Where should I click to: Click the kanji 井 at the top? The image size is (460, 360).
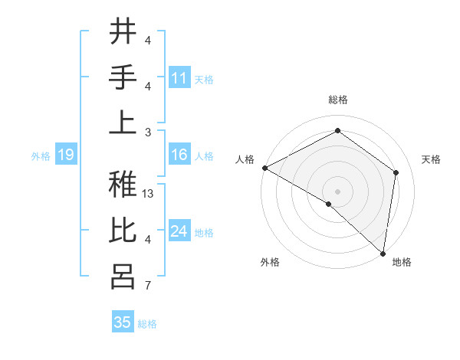click(122, 32)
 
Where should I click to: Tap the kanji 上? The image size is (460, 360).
click(122, 123)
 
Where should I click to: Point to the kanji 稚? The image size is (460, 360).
click(122, 184)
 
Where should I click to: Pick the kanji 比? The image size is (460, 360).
click(122, 231)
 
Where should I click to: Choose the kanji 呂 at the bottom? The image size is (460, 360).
click(122, 277)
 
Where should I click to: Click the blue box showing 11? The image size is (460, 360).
click(179, 78)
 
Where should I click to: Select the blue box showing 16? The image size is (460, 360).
click(179, 155)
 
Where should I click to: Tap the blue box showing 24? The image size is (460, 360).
click(179, 232)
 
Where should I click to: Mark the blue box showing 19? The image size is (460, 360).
click(65, 155)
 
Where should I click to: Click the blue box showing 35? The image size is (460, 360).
click(123, 322)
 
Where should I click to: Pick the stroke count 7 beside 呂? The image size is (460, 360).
click(148, 286)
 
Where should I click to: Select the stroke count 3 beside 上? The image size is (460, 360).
click(148, 133)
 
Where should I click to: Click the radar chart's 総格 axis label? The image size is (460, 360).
click(337, 100)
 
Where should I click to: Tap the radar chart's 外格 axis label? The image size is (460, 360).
click(270, 262)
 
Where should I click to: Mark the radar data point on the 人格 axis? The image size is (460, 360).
click(264, 168)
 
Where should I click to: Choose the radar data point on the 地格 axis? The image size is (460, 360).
click(383, 253)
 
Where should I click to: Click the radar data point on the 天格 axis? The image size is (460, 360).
click(396, 172)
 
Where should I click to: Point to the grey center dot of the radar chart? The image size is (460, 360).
click(337, 191)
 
